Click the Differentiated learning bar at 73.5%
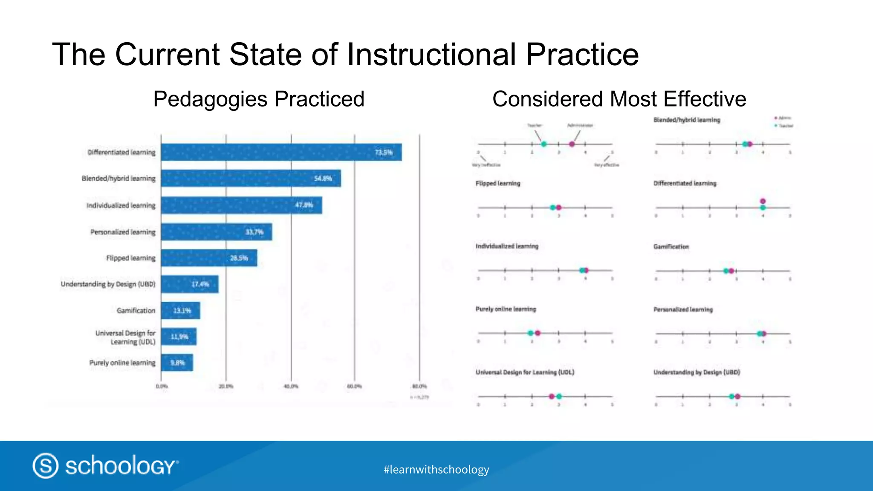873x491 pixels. [x=281, y=152]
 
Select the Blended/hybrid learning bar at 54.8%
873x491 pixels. [x=251, y=178]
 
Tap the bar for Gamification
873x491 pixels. [x=180, y=310]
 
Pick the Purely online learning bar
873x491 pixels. [x=177, y=363]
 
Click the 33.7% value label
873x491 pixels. [x=254, y=232]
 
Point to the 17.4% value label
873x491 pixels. [x=200, y=284]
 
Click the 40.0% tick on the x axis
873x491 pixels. [x=291, y=386]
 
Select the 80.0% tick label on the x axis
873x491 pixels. [x=419, y=386]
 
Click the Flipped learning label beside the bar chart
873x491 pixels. [x=131, y=258]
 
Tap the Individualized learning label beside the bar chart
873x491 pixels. [x=121, y=205]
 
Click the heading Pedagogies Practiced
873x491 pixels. [x=259, y=99]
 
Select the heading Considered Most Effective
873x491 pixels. [x=619, y=99]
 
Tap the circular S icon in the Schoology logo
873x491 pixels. [x=46, y=465]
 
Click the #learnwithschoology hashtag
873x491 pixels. [x=436, y=469]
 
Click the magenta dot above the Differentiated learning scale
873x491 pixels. [x=763, y=201]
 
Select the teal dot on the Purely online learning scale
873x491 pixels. [x=530, y=333]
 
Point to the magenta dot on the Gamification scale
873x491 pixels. [x=731, y=271]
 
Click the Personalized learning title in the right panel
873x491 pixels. [x=683, y=309]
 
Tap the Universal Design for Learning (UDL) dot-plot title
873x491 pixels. [x=525, y=372]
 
